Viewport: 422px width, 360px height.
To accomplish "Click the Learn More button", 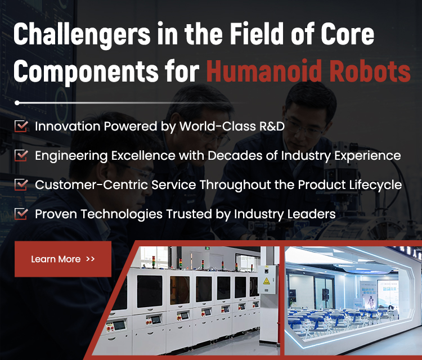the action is tap(63, 259).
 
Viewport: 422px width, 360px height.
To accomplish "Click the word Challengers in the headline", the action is tap(82, 34).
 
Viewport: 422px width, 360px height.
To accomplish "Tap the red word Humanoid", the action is tap(264, 71).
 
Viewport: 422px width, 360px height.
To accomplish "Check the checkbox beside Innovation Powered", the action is tap(21, 126).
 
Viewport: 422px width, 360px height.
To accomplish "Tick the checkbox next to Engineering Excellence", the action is tap(21, 155).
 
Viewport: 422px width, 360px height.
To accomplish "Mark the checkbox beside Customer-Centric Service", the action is tap(21, 184).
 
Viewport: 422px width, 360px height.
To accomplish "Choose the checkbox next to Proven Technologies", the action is tap(21, 214).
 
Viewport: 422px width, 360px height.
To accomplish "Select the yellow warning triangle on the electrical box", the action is tap(267, 281).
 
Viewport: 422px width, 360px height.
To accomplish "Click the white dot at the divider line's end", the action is tap(17, 103).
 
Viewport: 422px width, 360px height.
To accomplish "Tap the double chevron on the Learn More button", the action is tap(91, 259).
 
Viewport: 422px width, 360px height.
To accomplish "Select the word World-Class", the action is tap(218, 126).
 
